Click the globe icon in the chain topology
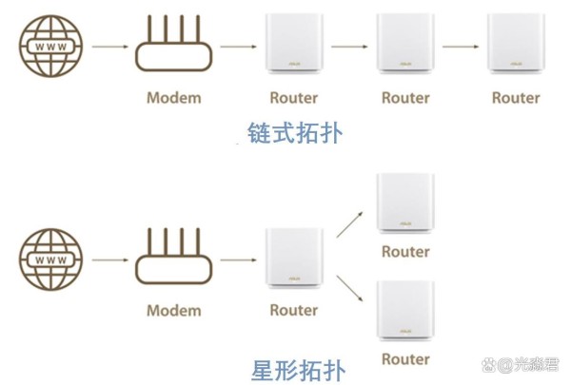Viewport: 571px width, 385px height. (51, 47)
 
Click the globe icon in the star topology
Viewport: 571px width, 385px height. (51, 260)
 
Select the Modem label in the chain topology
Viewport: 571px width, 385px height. (174, 98)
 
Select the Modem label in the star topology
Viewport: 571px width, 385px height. (174, 311)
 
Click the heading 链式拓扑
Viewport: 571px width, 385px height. (295, 133)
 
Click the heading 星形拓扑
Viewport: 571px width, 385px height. (298, 371)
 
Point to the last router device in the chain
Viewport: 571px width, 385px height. (516, 44)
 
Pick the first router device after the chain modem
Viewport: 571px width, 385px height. (294, 44)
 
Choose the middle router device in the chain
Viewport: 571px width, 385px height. (405, 44)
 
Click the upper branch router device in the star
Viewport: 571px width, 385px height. (405, 203)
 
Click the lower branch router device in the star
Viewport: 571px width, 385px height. (405, 311)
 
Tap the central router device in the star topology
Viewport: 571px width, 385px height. (294, 259)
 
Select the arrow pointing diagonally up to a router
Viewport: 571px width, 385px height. (349, 224)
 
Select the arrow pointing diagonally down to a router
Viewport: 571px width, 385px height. (349, 289)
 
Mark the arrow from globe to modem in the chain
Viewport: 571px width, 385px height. (110, 47)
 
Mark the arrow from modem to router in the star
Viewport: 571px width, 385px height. (239, 260)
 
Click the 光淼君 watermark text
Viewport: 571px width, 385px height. (536, 365)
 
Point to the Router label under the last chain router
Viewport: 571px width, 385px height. (516, 98)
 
